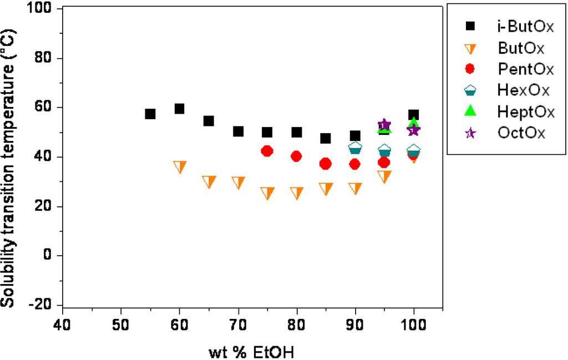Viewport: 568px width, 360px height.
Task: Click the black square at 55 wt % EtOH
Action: click(150, 114)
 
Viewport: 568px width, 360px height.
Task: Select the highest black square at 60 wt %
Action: click(179, 109)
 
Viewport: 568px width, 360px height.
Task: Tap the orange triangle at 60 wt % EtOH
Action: click(180, 167)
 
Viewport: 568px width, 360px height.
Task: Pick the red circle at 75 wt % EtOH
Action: click(267, 151)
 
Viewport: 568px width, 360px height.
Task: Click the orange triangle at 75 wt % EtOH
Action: click(267, 193)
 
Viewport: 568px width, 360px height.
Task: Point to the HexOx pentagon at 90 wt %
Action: click(355, 148)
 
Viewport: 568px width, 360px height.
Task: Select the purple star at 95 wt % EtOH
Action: click(384, 125)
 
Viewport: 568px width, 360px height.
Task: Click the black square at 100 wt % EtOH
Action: click(413, 115)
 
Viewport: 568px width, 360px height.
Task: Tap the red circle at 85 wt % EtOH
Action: click(326, 164)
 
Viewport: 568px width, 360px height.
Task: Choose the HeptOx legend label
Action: click(524, 111)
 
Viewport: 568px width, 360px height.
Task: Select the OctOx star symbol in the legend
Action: click(470, 133)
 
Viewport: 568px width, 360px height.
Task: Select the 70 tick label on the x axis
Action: click(238, 323)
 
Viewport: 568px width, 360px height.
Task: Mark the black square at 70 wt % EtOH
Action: click(238, 131)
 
